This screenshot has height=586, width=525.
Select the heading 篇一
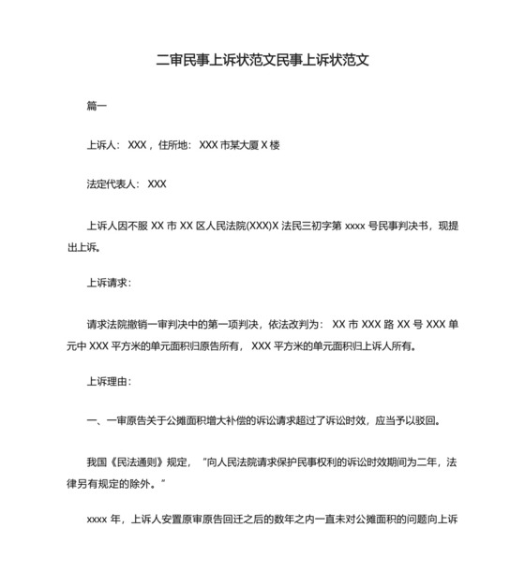97,106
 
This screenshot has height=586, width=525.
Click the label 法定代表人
112,184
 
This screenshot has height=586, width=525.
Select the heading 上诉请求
109,282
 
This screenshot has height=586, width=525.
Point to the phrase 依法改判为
292,324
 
